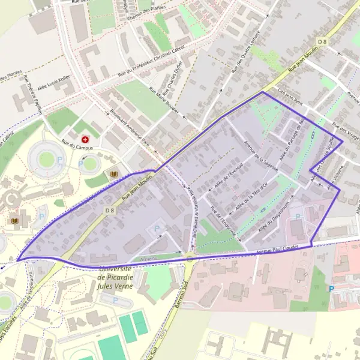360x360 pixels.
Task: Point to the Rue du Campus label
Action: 77,142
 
